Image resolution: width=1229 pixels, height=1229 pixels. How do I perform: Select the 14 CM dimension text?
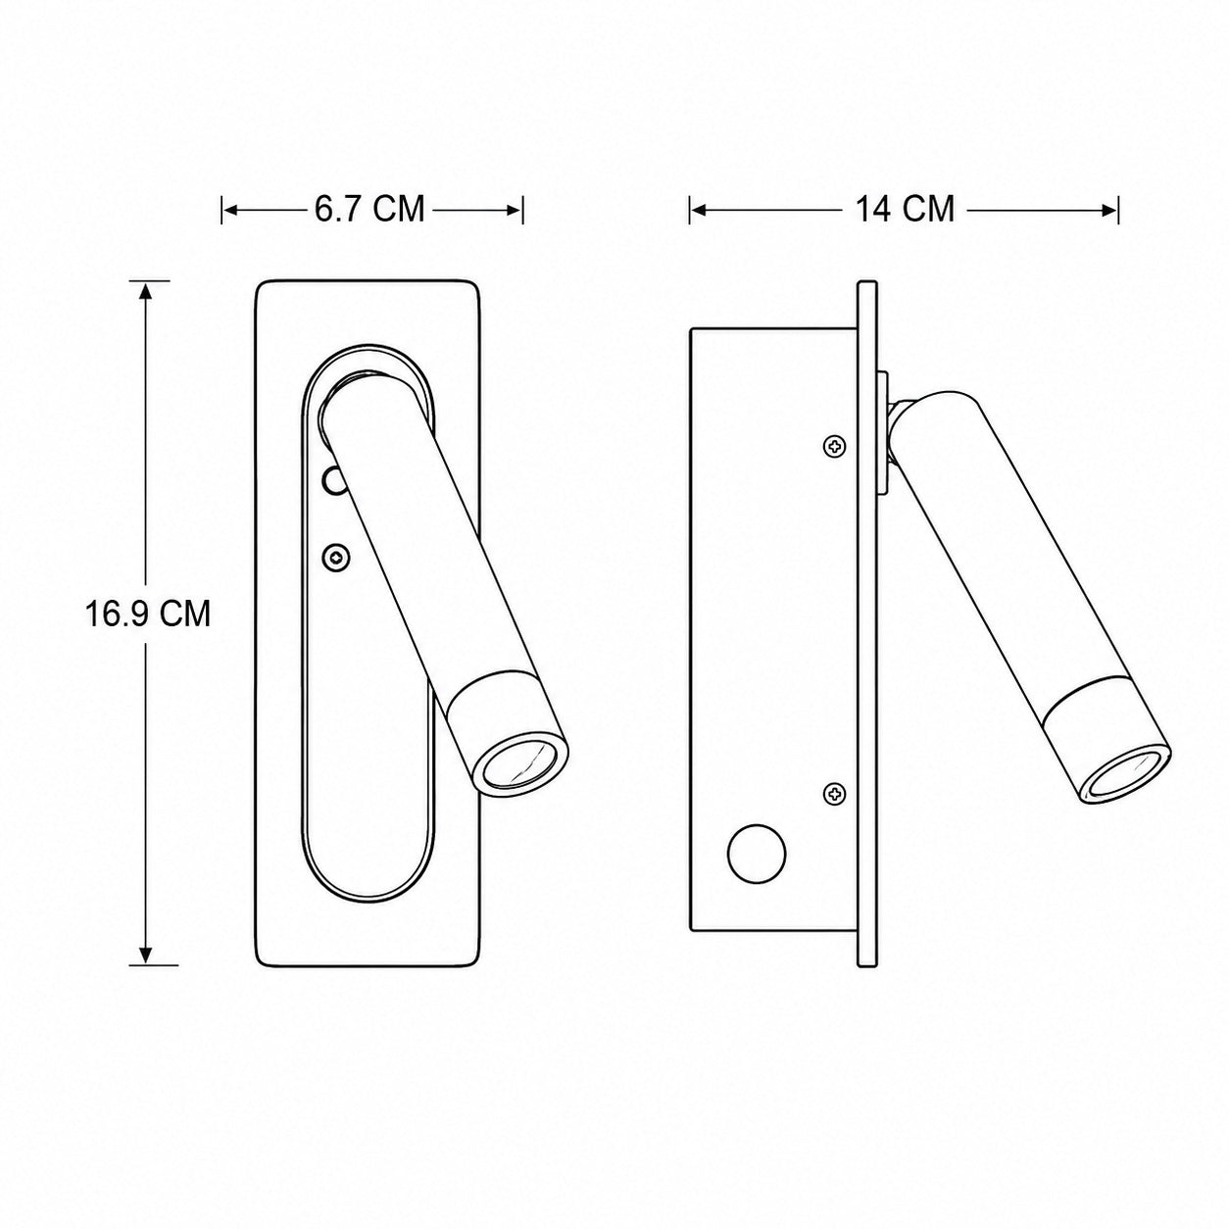905,208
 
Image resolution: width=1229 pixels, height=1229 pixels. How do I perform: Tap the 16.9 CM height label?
148,614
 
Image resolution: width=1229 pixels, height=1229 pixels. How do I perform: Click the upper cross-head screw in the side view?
834,447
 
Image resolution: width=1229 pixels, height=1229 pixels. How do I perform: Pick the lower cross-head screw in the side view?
834,794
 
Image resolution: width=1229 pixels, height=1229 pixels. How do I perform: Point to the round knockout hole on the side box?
757,854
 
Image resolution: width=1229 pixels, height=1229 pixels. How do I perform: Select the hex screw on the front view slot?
337,558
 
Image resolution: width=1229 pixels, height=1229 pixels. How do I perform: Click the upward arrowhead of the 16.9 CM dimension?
146,292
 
